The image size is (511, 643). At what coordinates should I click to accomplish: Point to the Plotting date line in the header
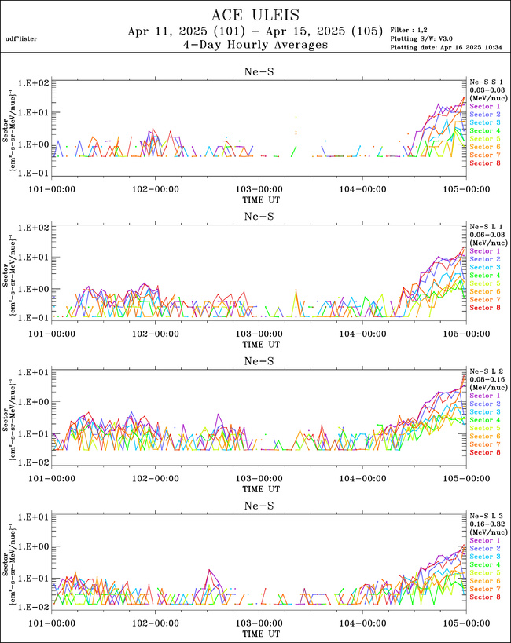pos(439,48)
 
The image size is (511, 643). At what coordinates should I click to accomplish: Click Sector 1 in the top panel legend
pos(483,106)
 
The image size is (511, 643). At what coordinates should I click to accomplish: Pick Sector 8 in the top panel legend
pos(483,163)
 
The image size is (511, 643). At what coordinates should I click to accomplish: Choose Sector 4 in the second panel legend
pos(483,276)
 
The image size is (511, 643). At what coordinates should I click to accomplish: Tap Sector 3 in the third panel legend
pos(483,412)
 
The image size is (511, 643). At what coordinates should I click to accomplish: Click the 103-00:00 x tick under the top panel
pos(259,188)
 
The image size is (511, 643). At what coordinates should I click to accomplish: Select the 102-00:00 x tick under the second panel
pos(155,334)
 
